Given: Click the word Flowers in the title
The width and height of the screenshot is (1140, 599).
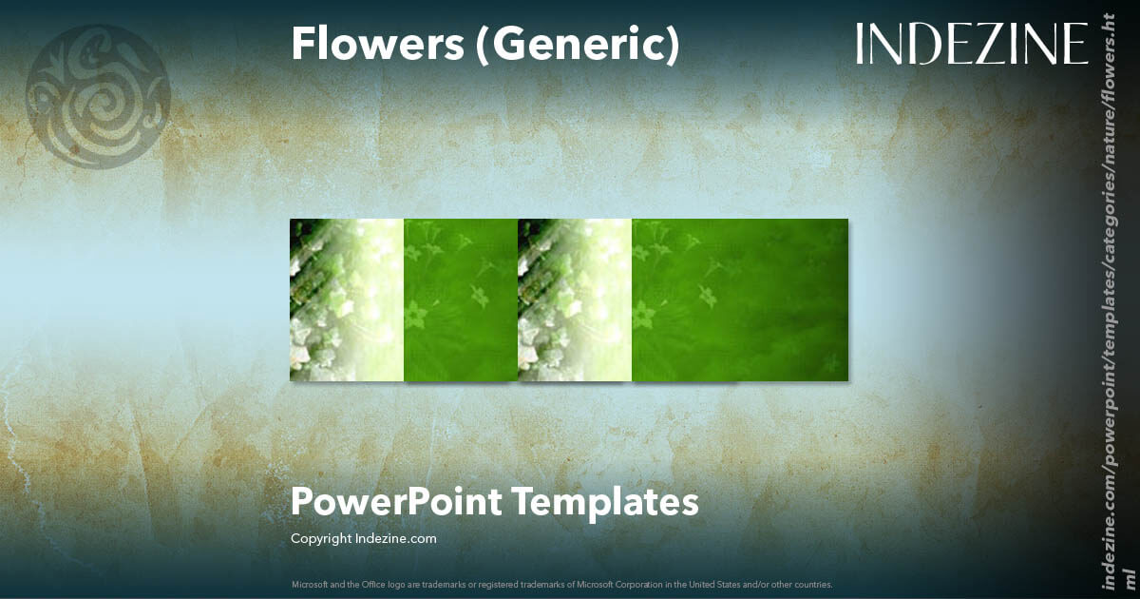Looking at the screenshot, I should coord(377,44).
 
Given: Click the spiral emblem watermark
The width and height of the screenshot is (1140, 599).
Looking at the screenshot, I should coord(98,97).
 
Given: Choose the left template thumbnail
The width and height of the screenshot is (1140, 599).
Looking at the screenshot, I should coord(404,299).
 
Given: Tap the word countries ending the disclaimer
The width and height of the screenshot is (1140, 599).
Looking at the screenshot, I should coord(813,584).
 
